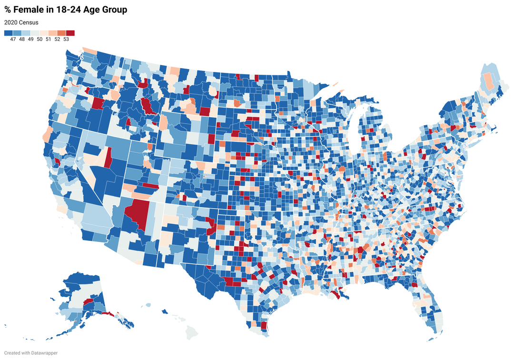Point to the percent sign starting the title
(8, 10)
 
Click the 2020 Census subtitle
(21, 22)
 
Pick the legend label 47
(13, 40)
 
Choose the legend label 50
(40, 40)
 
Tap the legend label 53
(66, 40)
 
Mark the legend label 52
(57, 40)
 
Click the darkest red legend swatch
(70, 33)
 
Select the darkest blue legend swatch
(8, 33)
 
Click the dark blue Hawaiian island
(165, 312)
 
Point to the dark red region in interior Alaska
(88, 301)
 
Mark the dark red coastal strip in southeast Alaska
(108, 313)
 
